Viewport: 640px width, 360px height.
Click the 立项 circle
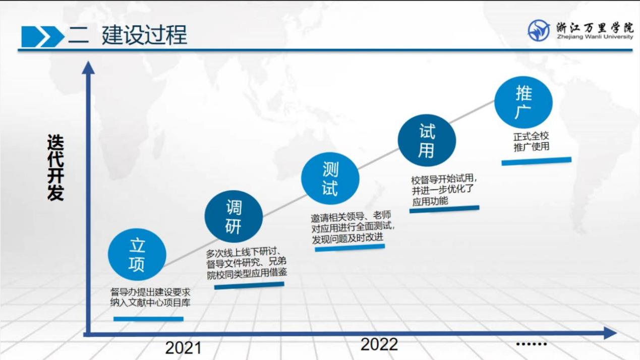coord(137,254)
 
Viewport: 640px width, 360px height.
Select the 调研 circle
coord(234,216)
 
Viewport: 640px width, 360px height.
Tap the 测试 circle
coord(330,178)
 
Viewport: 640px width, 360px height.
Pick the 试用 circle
coord(427,140)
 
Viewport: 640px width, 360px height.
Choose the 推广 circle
coord(523,102)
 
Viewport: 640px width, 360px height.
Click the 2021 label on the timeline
coord(183,348)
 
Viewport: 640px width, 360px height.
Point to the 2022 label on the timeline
coord(379,344)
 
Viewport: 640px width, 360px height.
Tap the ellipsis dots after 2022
coord(532,344)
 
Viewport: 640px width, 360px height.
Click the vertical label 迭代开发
coord(55,167)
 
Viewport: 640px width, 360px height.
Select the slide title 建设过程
coord(145,35)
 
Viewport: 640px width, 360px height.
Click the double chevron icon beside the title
coord(43,37)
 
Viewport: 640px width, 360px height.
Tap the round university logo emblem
coord(539,30)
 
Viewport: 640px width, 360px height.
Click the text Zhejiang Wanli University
coord(595,37)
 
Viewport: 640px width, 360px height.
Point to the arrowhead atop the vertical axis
coord(88,68)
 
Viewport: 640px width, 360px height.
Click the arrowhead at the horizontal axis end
coord(610,333)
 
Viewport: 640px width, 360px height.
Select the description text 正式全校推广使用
coord(531,142)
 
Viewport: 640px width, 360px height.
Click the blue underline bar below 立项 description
coord(148,319)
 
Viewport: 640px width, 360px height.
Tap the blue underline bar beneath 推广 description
coord(537,161)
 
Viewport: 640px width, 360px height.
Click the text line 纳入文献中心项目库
coord(150,303)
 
